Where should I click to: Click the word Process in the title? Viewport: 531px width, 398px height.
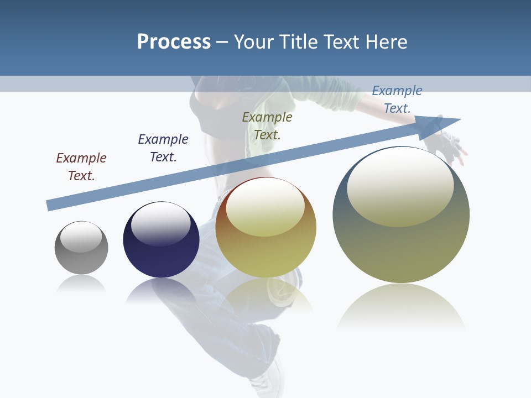click(x=174, y=42)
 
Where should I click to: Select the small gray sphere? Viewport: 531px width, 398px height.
click(x=81, y=257)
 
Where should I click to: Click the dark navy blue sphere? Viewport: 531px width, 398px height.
click(x=161, y=254)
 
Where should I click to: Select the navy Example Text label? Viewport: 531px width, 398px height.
click(x=163, y=148)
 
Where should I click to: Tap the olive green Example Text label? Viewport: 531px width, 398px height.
click(x=267, y=126)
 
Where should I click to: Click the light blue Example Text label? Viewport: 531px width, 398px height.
click(x=397, y=99)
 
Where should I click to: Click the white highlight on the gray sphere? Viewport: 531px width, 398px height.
click(x=81, y=237)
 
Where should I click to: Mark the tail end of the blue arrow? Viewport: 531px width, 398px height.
click(x=51, y=205)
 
